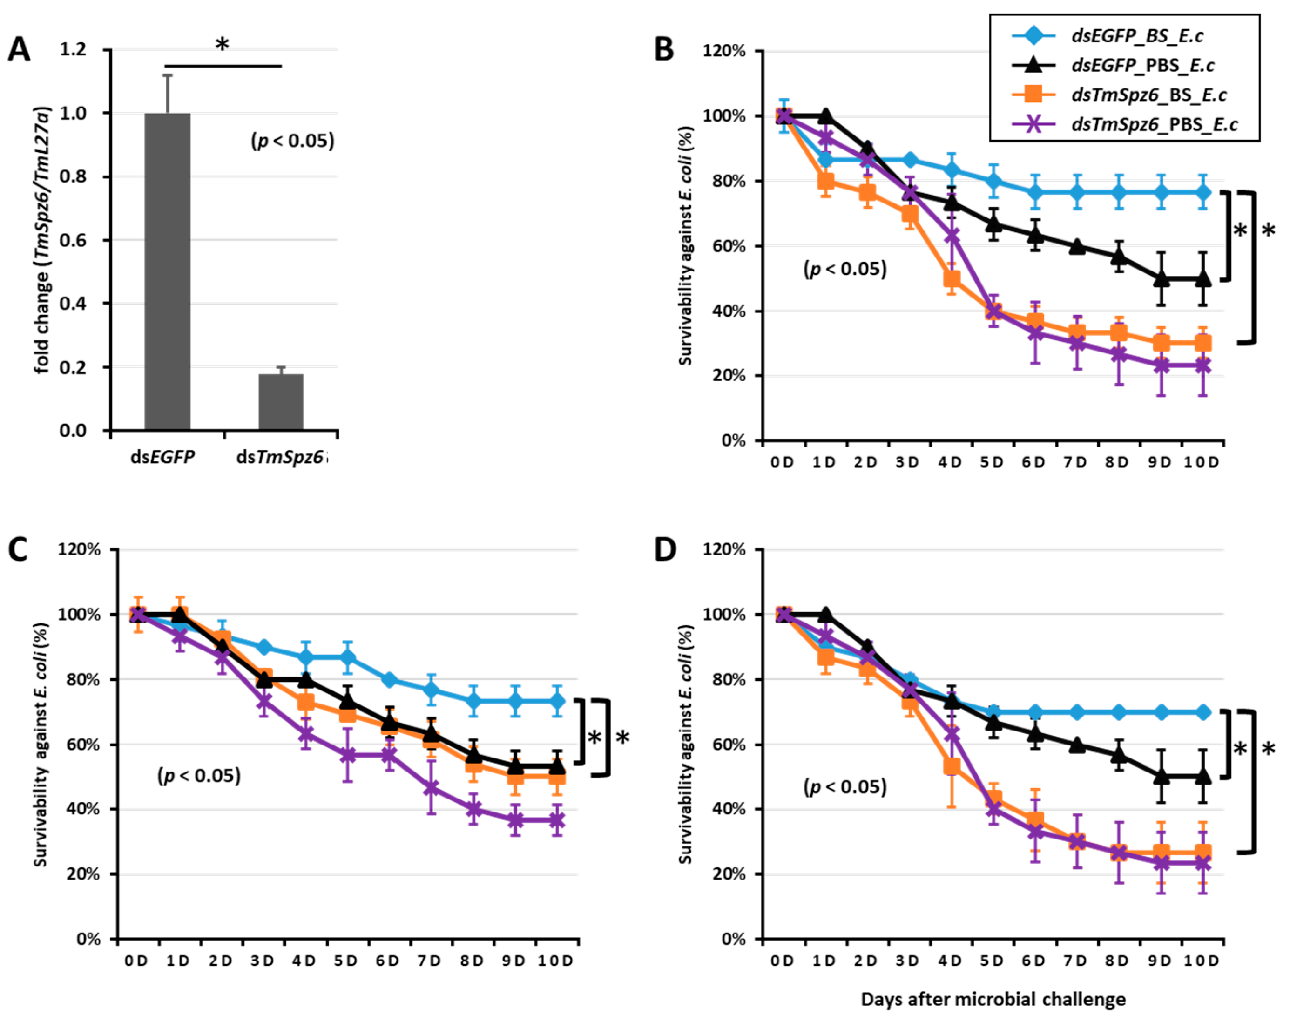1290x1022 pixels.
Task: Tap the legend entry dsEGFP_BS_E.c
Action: coord(1137,36)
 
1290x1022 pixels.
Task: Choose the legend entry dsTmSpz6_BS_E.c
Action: coord(1149,95)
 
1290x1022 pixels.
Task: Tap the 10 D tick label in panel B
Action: coord(1202,462)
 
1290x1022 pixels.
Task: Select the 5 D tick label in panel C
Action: coord(345,961)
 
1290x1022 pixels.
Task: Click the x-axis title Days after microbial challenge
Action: coord(993,1000)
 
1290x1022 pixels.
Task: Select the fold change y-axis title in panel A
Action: coord(42,239)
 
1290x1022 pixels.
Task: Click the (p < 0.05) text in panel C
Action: coord(199,776)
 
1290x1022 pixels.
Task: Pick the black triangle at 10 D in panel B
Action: coord(1202,279)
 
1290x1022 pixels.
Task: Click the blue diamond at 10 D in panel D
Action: coord(1202,712)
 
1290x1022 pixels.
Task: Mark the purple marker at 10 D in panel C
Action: coord(557,821)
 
